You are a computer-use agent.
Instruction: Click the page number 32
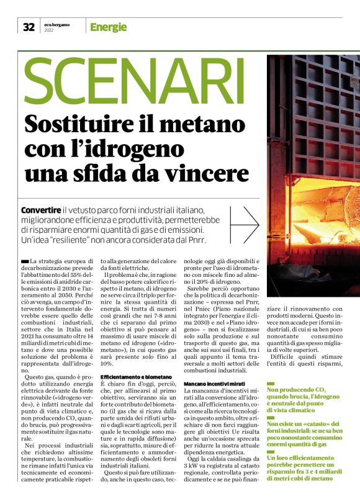click(x=29, y=27)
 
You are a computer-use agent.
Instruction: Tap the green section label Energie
click(x=108, y=27)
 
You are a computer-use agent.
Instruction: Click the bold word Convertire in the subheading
click(x=41, y=210)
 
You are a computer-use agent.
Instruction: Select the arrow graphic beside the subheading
click(x=243, y=223)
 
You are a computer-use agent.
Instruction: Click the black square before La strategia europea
click(x=24, y=261)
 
